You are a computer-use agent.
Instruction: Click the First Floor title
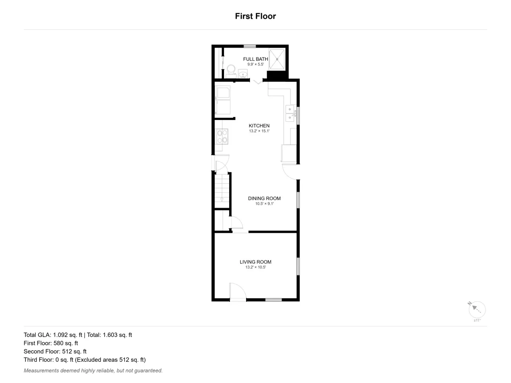[255, 16]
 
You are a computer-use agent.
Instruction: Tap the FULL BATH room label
[255, 59]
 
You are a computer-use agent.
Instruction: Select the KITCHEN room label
[259, 126]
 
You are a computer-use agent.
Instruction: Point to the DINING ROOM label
[264, 198]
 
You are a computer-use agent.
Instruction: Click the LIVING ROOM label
[255, 262]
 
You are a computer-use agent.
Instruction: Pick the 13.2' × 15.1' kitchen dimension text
[259, 131]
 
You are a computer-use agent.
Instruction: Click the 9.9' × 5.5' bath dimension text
[255, 64]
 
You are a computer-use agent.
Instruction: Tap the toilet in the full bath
[231, 71]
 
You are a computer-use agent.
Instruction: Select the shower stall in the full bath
[277, 59]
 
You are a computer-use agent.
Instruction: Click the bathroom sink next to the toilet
[243, 74]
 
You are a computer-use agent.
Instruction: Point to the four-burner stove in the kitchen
[222, 137]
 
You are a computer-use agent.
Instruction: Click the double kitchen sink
[290, 113]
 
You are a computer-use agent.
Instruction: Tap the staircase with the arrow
[222, 191]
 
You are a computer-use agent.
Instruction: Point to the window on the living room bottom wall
[273, 300]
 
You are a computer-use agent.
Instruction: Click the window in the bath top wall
[250, 46]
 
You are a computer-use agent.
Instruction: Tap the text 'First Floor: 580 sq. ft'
[51, 343]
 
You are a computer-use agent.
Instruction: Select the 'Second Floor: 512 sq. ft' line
[55, 352]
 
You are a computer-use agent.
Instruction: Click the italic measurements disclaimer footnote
[93, 371]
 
